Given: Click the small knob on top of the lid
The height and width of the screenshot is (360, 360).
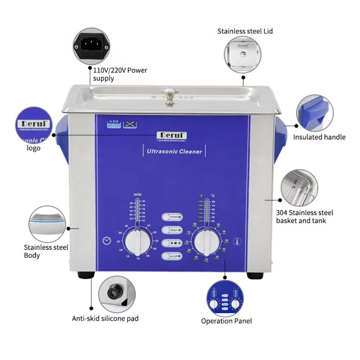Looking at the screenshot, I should [x=170, y=95].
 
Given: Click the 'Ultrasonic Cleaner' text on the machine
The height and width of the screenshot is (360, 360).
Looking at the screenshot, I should [x=174, y=152].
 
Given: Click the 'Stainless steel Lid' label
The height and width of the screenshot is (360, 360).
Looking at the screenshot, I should [x=245, y=31].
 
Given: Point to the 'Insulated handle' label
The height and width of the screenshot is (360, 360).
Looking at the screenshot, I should [x=319, y=137].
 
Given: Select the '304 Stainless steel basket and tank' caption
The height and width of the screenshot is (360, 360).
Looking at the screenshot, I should [x=305, y=216].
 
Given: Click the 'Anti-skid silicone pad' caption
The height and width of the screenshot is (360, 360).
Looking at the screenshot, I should [x=105, y=318].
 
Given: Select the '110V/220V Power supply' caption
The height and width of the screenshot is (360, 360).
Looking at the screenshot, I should [x=120, y=74].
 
